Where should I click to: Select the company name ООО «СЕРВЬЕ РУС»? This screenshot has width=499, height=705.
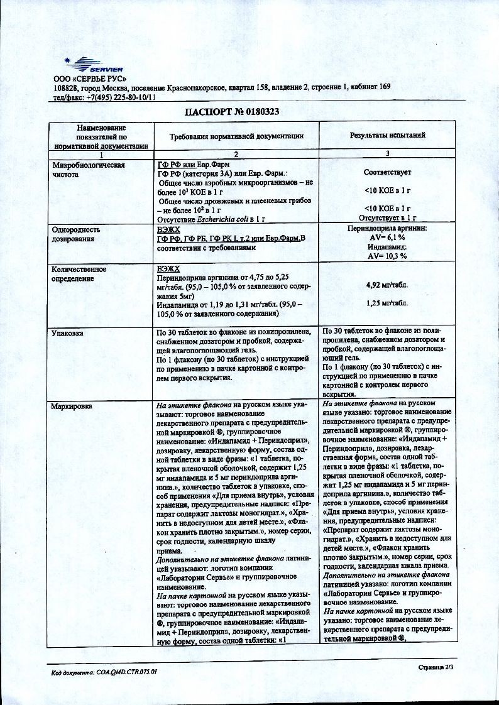[x=90, y=79]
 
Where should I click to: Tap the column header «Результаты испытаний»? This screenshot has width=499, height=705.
[x=387, y=135]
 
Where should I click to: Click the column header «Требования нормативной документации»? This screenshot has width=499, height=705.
[x=237, y=136]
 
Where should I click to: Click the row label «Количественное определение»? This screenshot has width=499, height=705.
[x=79, y=273]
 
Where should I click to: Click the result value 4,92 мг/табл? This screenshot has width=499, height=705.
[x=387, y=285]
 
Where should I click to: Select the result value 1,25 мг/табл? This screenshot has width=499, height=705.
[x=387, y=303]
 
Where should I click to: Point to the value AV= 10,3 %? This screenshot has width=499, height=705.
[x=387, y=256]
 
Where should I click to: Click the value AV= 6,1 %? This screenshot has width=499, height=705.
[x=387, y=239]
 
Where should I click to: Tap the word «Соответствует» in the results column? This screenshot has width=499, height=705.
[x=387, y=171]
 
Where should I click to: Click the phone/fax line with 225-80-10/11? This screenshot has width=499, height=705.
[x=104, y=98]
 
